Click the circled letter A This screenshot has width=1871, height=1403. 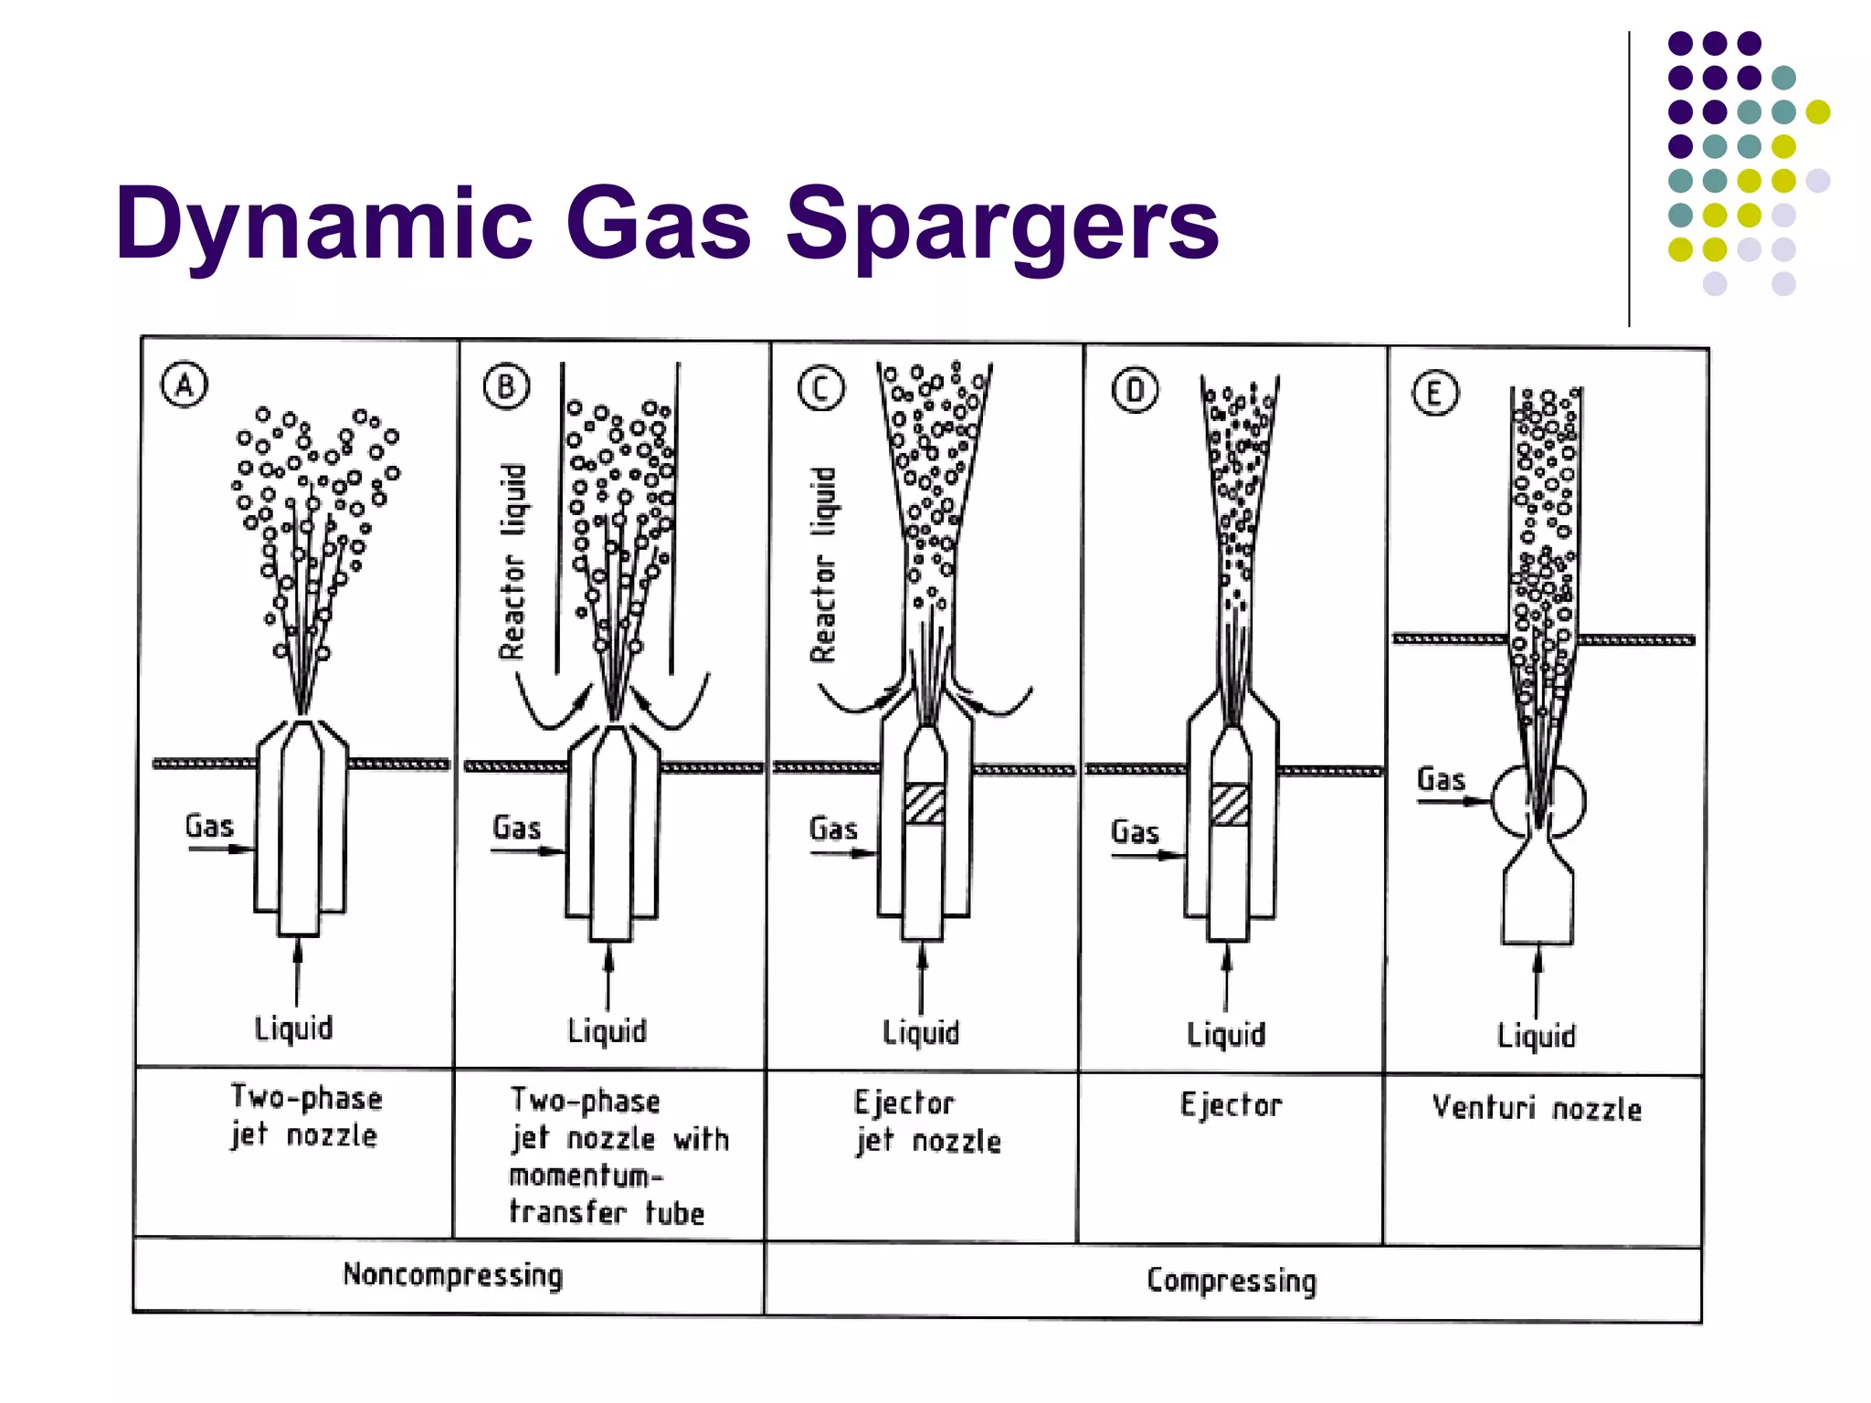coord(185,385)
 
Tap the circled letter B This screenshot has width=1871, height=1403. coord(506,386)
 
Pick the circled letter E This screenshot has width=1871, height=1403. coord(1434,394)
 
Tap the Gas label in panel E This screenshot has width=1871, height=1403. coord(1441,779)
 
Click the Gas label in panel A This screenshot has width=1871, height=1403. coord(209,826)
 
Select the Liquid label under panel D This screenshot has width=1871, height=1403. coord(1226,1035)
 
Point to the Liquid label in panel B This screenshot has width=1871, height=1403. coord(607,1031)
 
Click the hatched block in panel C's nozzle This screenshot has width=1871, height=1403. coord(925,804)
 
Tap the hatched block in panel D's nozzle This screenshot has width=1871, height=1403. coord(1230,805)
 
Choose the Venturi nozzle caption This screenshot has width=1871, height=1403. coord(1537,1108)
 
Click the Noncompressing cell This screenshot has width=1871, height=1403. coord(452,1274)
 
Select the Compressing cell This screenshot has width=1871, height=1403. coord(1231,1280)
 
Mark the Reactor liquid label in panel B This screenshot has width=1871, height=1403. coord(513,561)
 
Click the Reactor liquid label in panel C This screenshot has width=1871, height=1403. coord(824,564)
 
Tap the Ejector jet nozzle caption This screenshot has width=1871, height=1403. coord(926,1122)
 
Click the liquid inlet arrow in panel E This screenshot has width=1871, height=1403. coord(1538,979)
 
